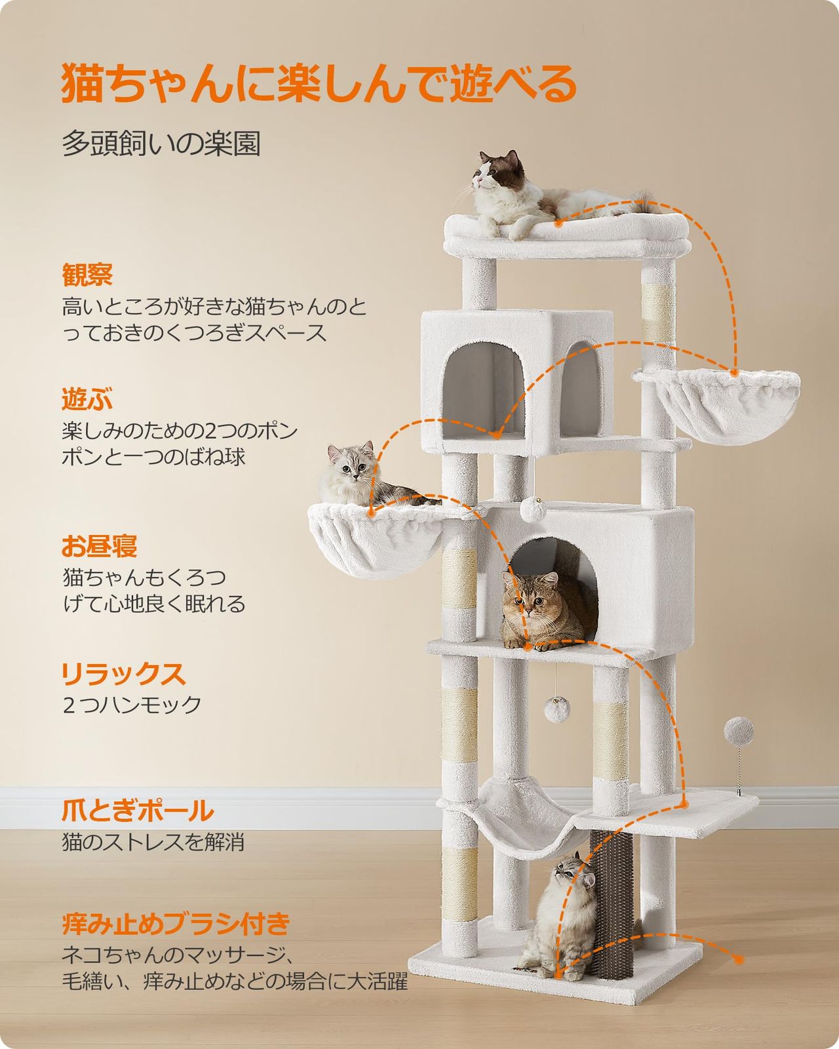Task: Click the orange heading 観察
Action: pos(87,275)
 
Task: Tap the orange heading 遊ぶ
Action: pos(87,399)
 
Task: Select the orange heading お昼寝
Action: pos(100,545)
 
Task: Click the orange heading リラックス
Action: pos(124,673)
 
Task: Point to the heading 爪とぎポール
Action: pos(138,811)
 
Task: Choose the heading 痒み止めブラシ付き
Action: pos(176,924)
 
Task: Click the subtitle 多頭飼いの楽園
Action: pos(161,144)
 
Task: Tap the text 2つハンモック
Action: pos(132,705)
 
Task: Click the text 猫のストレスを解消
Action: pos(153,842)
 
